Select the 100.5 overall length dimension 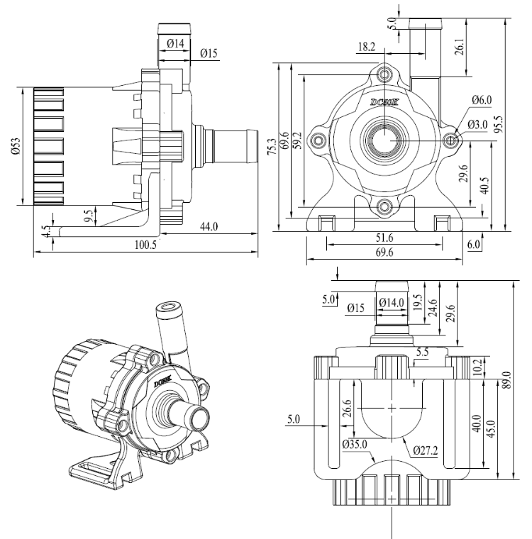click(145, 245)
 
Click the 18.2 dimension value click(367, 48)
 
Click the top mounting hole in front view click(385, 74)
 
